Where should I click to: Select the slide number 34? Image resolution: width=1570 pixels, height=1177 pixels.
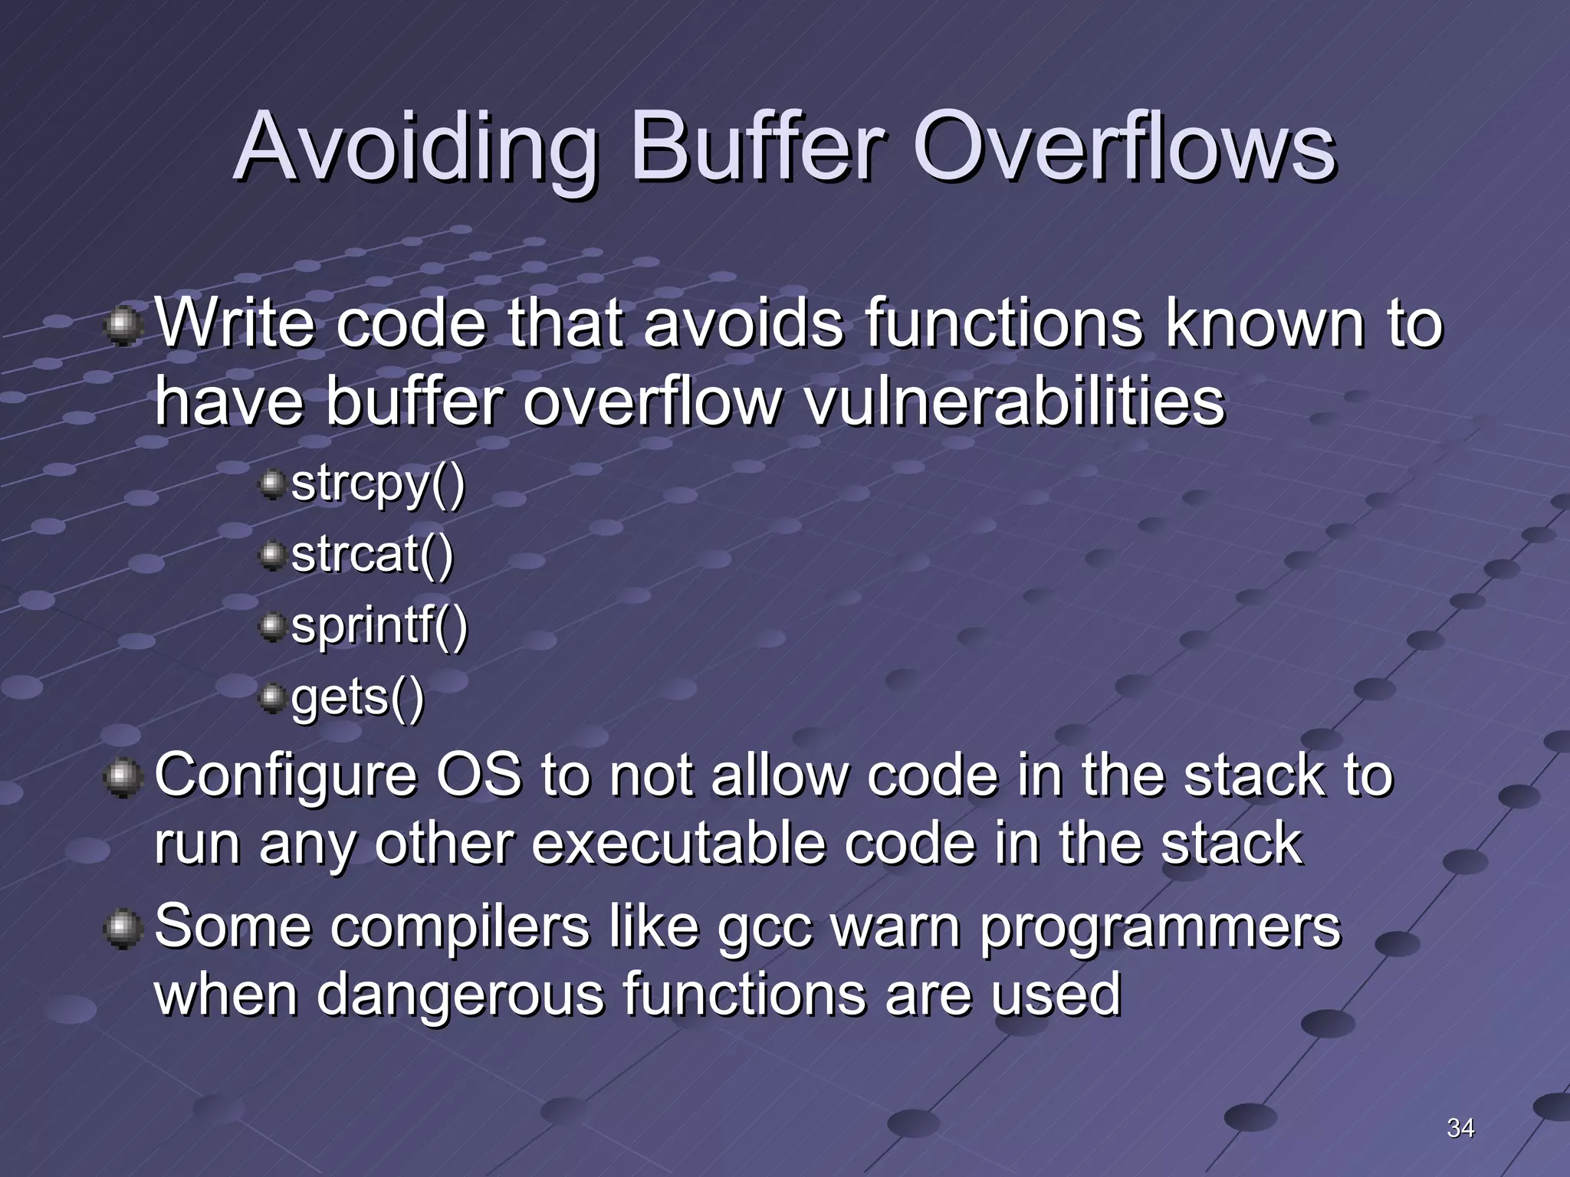click(x=1460, y=1127)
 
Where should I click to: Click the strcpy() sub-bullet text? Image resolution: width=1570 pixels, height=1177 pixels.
click(x=378, y=484)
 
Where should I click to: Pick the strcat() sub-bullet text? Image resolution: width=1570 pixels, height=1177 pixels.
click(x=373, y=555)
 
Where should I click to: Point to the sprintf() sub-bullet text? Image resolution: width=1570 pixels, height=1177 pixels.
click(x=379, y=626)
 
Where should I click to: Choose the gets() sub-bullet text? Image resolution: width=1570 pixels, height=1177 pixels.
click(x=357, y=697)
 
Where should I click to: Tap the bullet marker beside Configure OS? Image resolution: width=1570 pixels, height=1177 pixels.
click(x=123, y=778)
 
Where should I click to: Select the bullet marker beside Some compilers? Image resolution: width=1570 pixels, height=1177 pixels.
click(x=123, y=929)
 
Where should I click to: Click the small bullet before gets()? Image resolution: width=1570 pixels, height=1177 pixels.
click(x=271, y=698)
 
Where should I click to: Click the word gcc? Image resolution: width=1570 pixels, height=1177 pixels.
click(x=764, y=927)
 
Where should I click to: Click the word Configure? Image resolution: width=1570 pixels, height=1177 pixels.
click(x=286, y=775)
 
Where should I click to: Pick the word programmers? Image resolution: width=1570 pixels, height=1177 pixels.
click(x=1160, y=927)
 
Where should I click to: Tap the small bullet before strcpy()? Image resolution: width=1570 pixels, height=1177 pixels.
click(x=271, y=485)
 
